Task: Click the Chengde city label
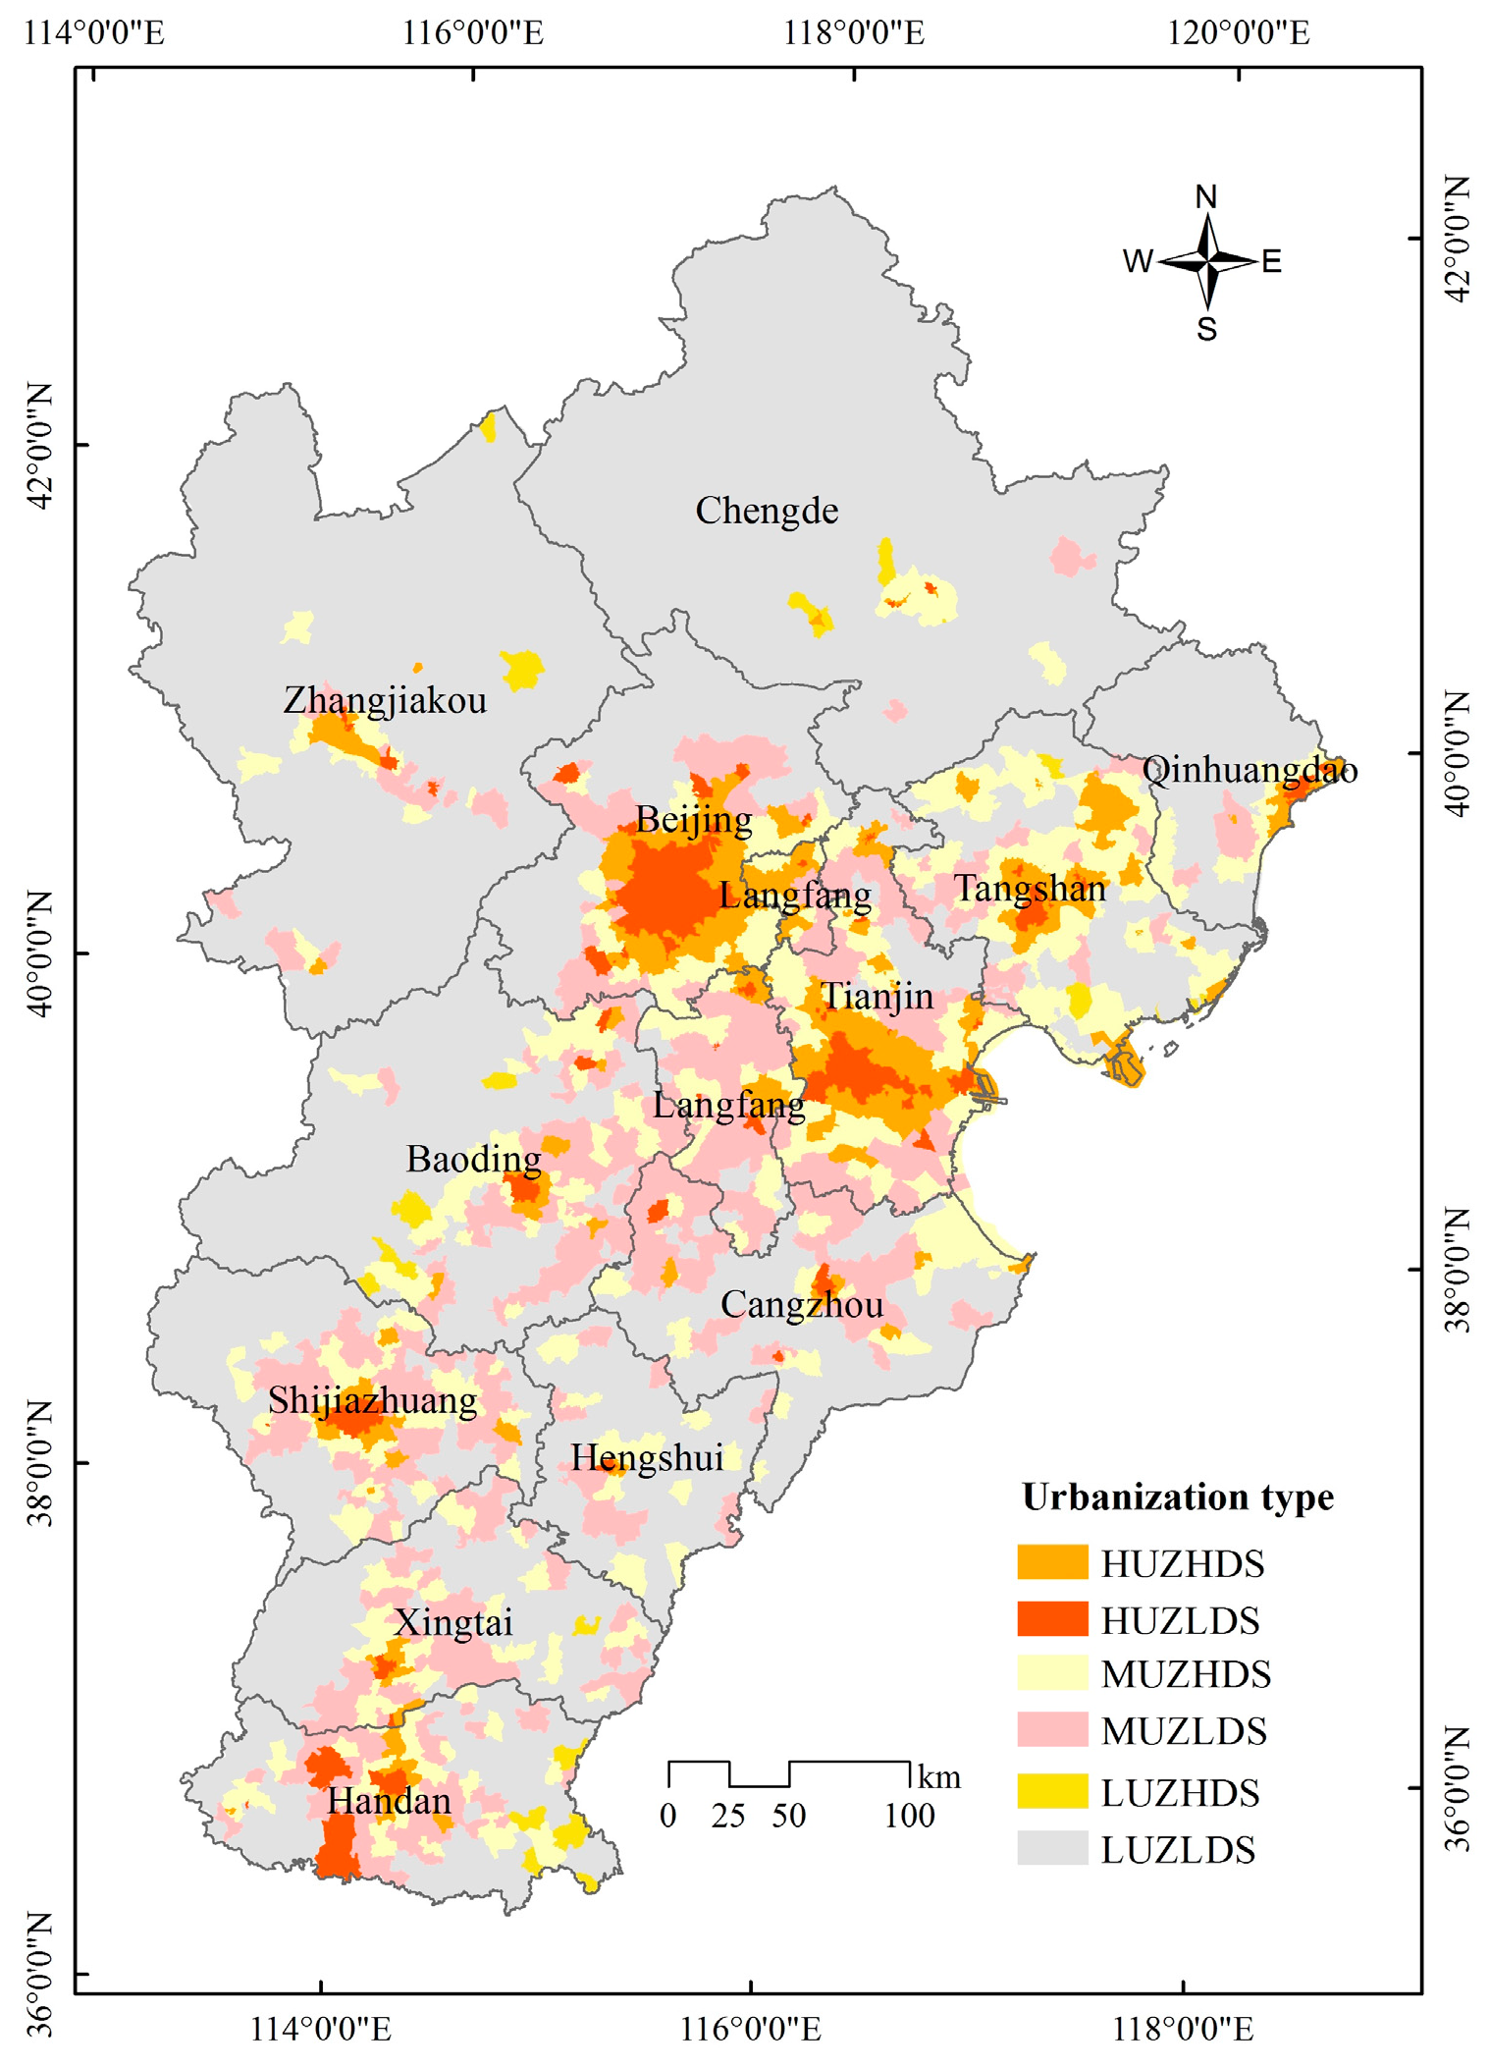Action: click(x=767, y=512)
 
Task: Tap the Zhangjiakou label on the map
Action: click(x=385, y=701)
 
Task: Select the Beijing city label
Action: click(x=694, y=820)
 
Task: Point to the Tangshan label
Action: click(x=1030, y=889)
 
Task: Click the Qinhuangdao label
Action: click(x=1250, y=770)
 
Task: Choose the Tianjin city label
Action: click(x=877, y=997)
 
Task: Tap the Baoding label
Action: click(x=473, y=1160)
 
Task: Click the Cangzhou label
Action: click(x=802, y=1305)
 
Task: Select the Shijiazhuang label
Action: click(x=373, y=1400)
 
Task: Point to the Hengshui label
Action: click(x=647, y=1458)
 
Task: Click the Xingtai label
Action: click(x=452, y=1623)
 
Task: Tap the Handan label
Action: click(x=389, y=1802)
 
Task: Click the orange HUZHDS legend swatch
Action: click(x=1052, y=1562)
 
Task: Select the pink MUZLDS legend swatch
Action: click(x=1052, y=1729)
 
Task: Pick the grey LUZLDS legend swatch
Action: click(x=1052, y=1848)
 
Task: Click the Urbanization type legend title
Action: click(x=1178, y=1497)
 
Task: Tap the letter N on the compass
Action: click(x=1206, y=197)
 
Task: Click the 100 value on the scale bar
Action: click(x=909, y=1816)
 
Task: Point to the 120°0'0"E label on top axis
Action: click(x=1238, y=33)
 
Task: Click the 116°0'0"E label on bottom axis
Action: click(x=751, y=2029)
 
